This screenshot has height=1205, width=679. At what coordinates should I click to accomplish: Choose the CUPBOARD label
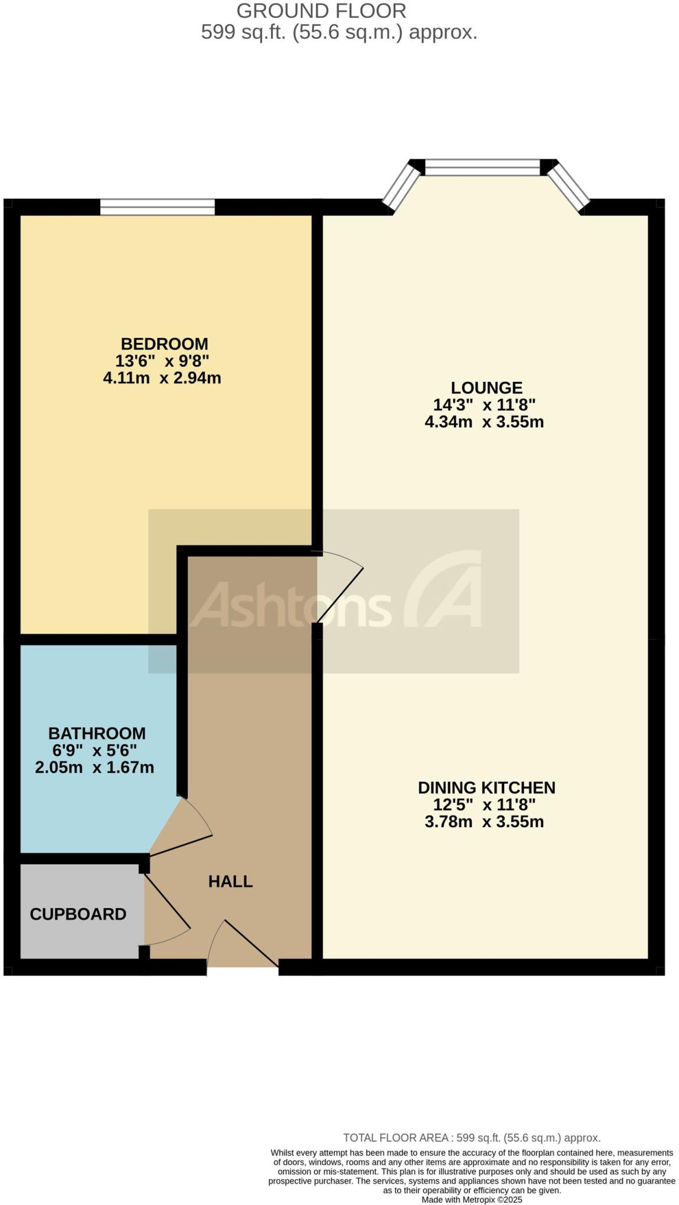point(77,914)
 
